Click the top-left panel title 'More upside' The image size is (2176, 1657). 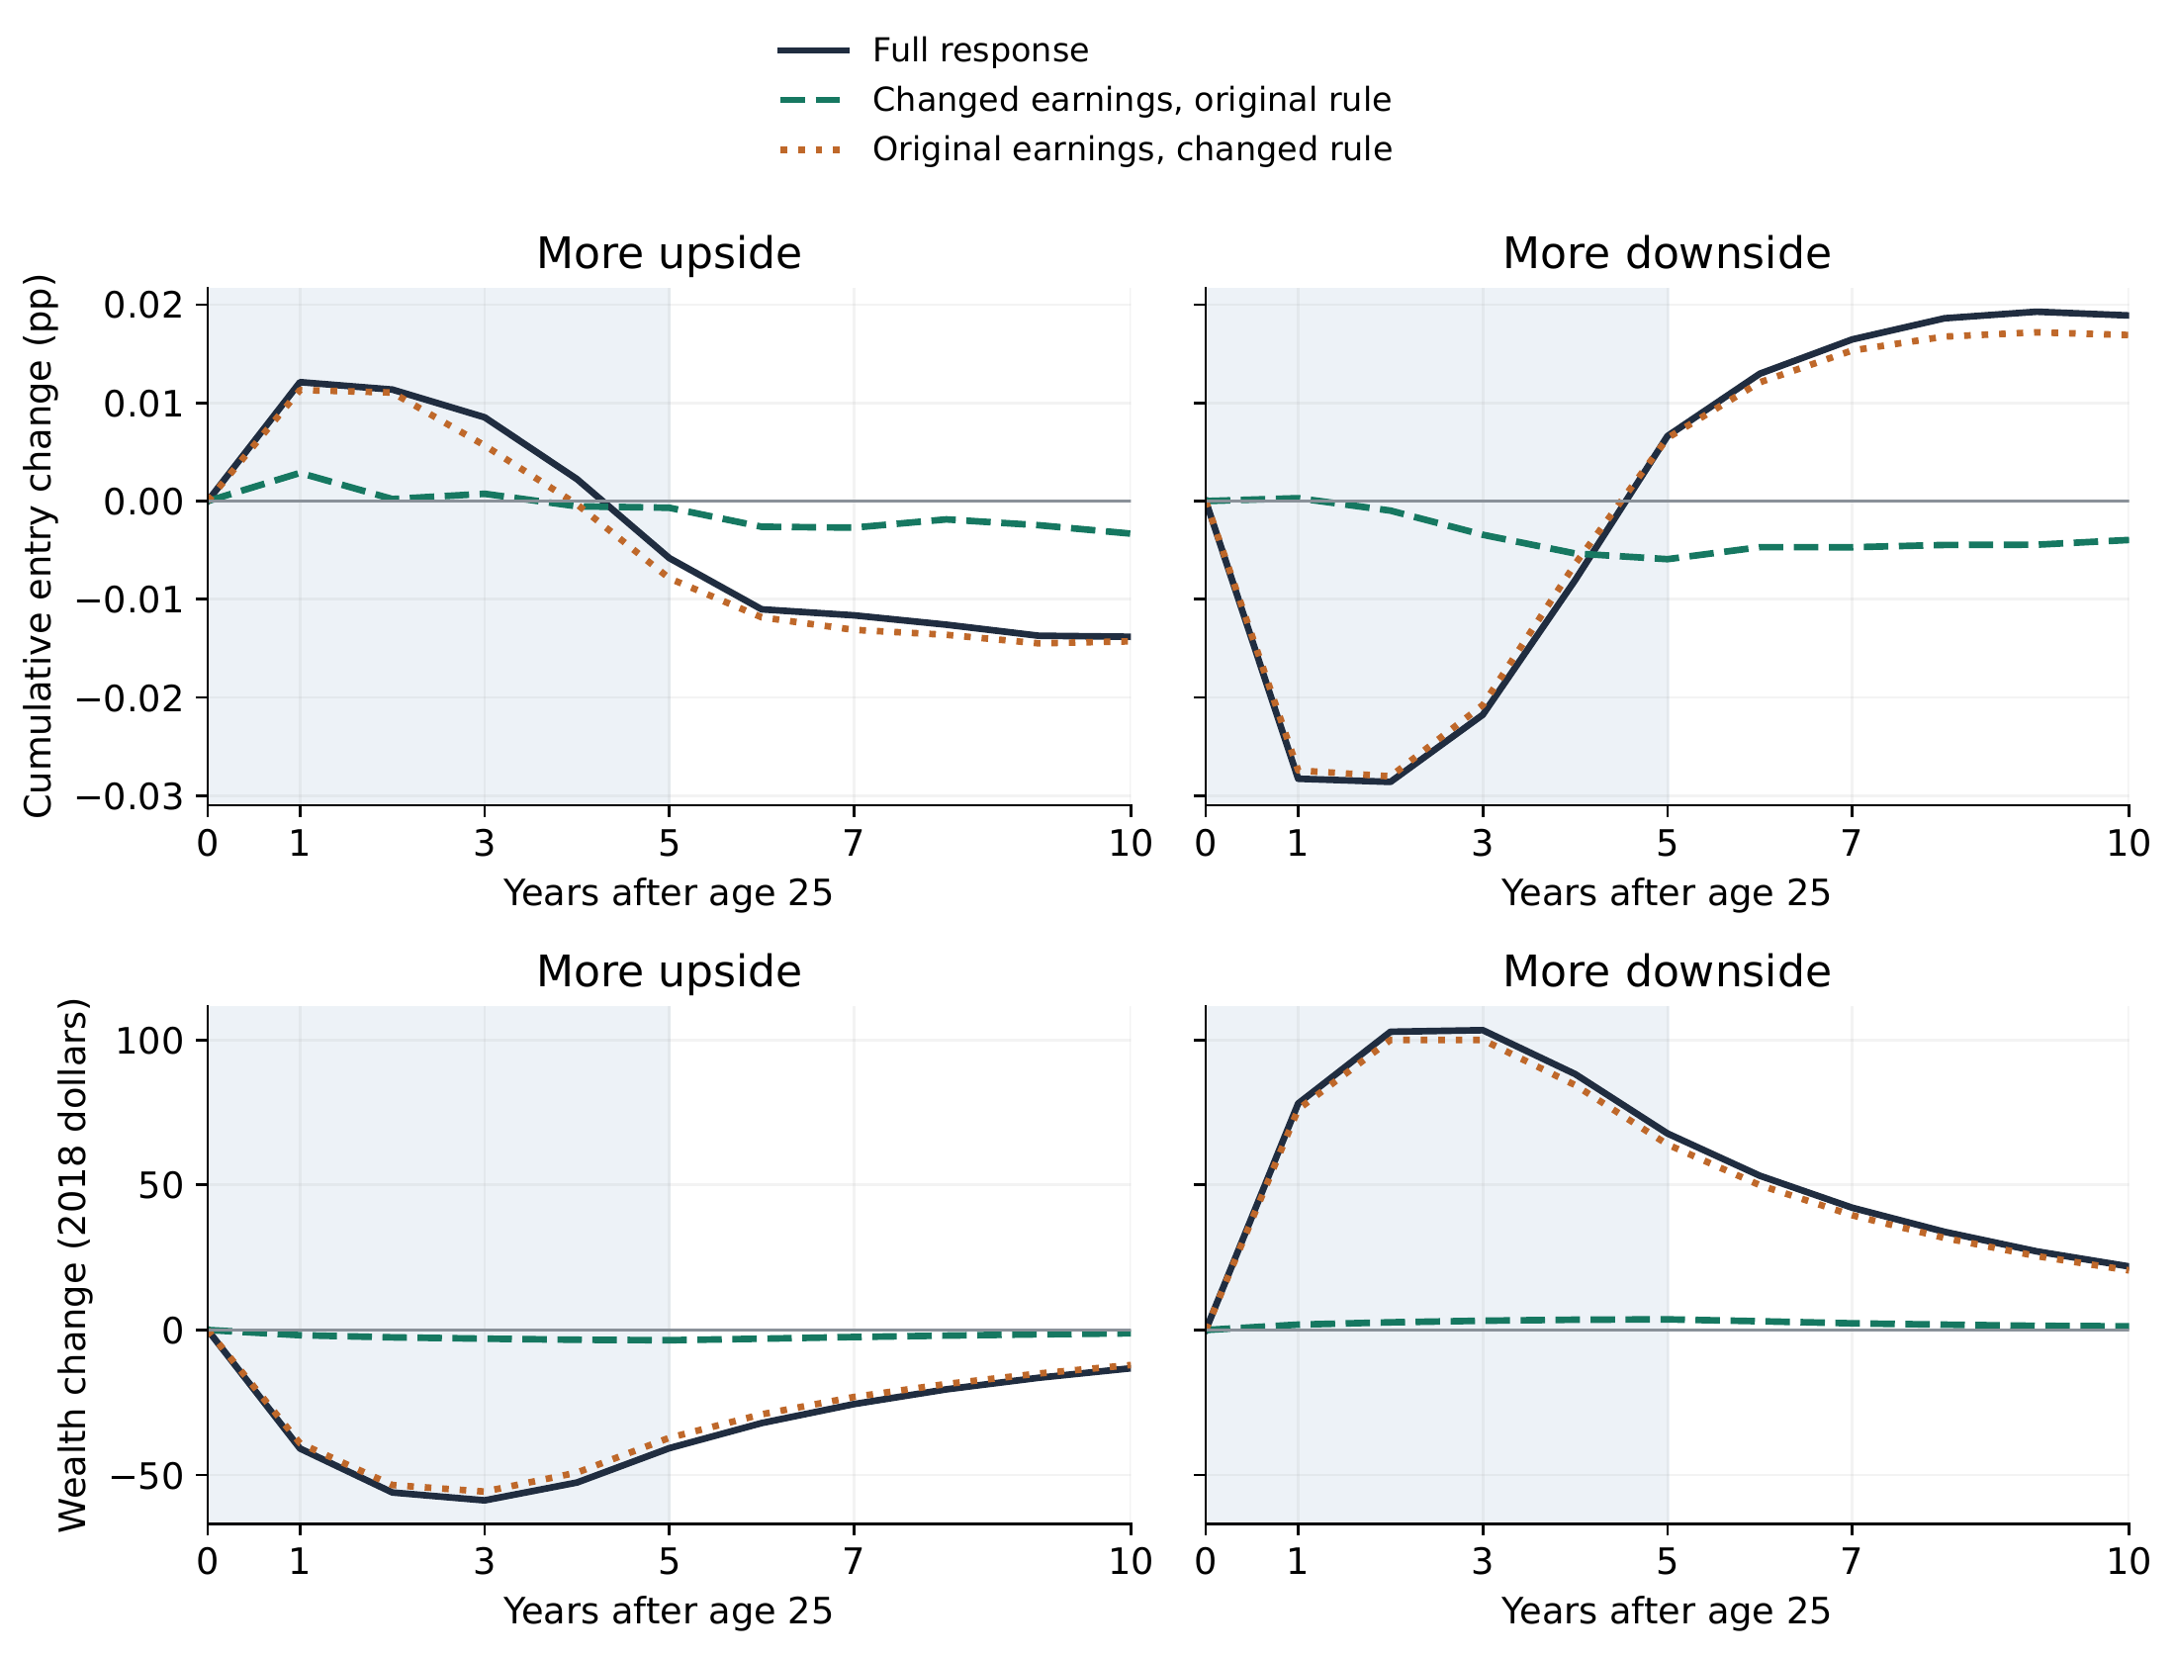pyautogui.click(x=669, y=253)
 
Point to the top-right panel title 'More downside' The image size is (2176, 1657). pyautogui.click(x=1667, y=253)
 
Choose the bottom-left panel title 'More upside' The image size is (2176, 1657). pyautogui.click(x=669, y=971)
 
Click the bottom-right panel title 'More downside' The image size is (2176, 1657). pyautogui.click(x=1667, y=971)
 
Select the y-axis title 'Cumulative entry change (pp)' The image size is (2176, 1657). pyautogui.click(x=39, y=546)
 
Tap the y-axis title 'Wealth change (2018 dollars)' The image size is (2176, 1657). pyautogui.click(x=73, y=1265)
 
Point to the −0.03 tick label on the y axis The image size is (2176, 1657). pyautogui.click(x=130, y=796)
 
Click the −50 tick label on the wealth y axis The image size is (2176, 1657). pyautogui.click(x=145, y=1475)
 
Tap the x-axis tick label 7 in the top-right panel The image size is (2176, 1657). pyautogui.click(x=1852, y=844)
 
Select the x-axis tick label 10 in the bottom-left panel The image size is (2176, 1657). pyautogui.click(x=1131, y=1562)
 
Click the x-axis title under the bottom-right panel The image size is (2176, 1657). pyautogui.click(x=1667, y=1611)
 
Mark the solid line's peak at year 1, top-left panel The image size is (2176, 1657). pyautogui.click(x=300, y=382)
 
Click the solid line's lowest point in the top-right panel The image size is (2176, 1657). pyautogui.click(x=1390, y=782)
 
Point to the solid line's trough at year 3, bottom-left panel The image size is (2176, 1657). pyautogui.click(x=485, y=1501)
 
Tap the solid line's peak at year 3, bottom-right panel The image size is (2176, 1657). pyautogui.click(x=1482, y=1030)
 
